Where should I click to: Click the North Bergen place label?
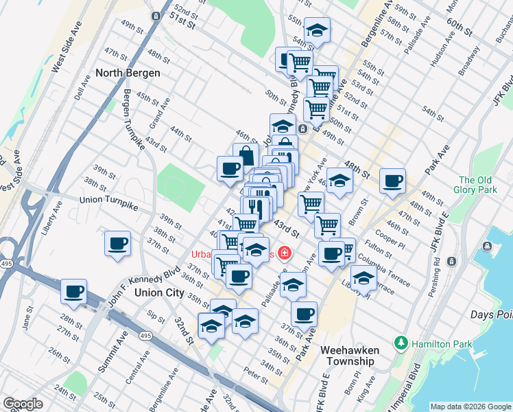coord(128,73)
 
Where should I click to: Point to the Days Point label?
coord(492,314)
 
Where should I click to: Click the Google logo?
coord(23,404)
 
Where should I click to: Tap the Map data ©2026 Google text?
coord(470,407)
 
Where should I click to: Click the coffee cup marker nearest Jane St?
coord(73,291)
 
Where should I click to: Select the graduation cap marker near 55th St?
coord(316,30)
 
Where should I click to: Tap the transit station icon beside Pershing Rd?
coord(451,262)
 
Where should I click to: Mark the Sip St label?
coord(156,316)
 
